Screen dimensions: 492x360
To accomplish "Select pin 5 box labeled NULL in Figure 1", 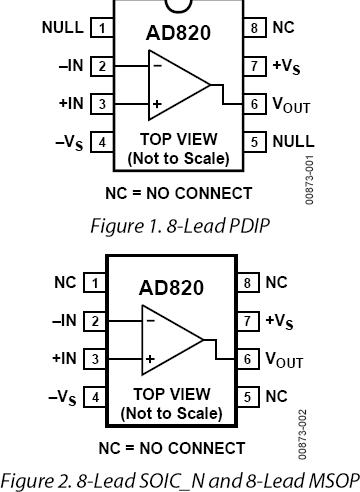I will click(255, 141).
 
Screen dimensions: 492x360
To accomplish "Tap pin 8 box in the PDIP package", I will click(255, 28).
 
